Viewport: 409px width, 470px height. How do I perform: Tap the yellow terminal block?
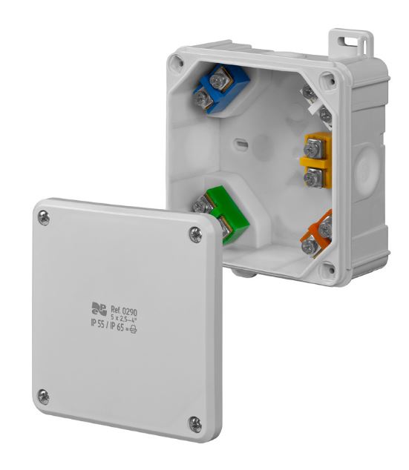315,161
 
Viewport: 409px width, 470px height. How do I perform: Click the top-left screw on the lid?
44,218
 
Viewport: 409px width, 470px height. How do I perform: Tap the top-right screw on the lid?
195,235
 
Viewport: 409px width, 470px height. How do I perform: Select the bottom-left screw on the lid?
44,397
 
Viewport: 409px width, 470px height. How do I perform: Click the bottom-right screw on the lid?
195,423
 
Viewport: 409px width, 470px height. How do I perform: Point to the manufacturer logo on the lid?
99,308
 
